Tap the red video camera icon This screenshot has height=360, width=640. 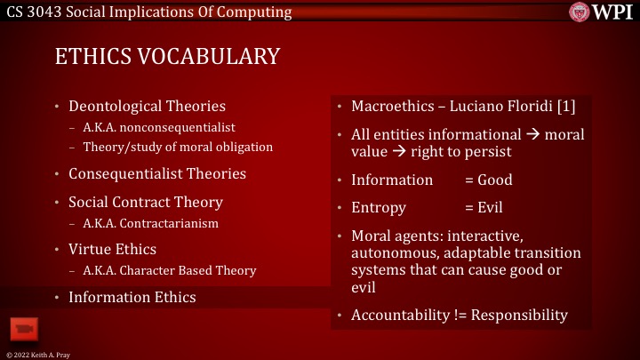(x=22, y=329)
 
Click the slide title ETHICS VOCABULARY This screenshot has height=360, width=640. (x=167, y=56)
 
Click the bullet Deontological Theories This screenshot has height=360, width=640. (x=147, y=106)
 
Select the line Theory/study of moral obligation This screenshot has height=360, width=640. (x=178, y=147)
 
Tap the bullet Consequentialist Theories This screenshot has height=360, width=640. (x=156, y=173)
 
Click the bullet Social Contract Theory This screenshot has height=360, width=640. (x=145, y=202)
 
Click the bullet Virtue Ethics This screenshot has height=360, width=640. (x=112, y=249)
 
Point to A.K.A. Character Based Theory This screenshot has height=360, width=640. (x=169, y=270)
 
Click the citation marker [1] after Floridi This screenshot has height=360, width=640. (x=565, y=107)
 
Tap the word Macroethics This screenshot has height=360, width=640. (x=392, y=107)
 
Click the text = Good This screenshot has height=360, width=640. (x=488, y=180)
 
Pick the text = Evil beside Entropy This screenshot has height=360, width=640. (x=484, y=208)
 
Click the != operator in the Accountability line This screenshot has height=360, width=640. (x=453, y=315)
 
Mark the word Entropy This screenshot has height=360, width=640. (x=379, y=208)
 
